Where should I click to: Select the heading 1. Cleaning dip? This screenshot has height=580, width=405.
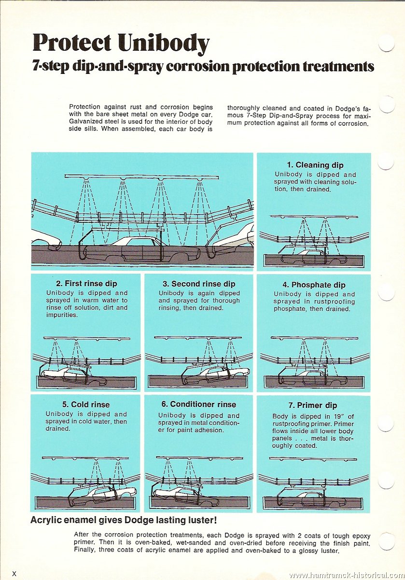click(315, 165)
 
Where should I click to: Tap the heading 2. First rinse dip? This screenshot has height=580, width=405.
click(86, 284)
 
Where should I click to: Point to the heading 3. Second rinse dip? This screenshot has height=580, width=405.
click(199, 284)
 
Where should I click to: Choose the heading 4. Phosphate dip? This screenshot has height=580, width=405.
click(314, 285)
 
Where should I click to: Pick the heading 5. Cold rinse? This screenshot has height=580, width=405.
click(86, 405)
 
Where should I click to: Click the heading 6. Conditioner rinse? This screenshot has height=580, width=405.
click(198, 405)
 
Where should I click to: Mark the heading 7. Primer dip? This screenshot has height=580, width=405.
click(313, 405)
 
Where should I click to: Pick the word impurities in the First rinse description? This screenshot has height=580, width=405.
click(62, 315)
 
